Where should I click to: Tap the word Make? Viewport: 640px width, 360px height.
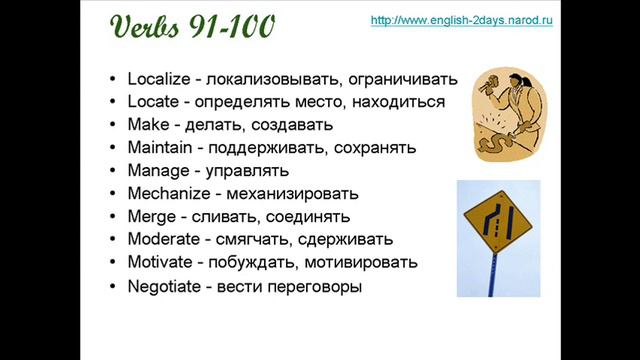pyautogui.click(x=147, y=125)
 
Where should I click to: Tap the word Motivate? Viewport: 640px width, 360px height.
pyautogui.click(x=160, y=262)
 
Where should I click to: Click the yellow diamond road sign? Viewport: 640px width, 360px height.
pyautogui.click(x=496, y=217)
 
